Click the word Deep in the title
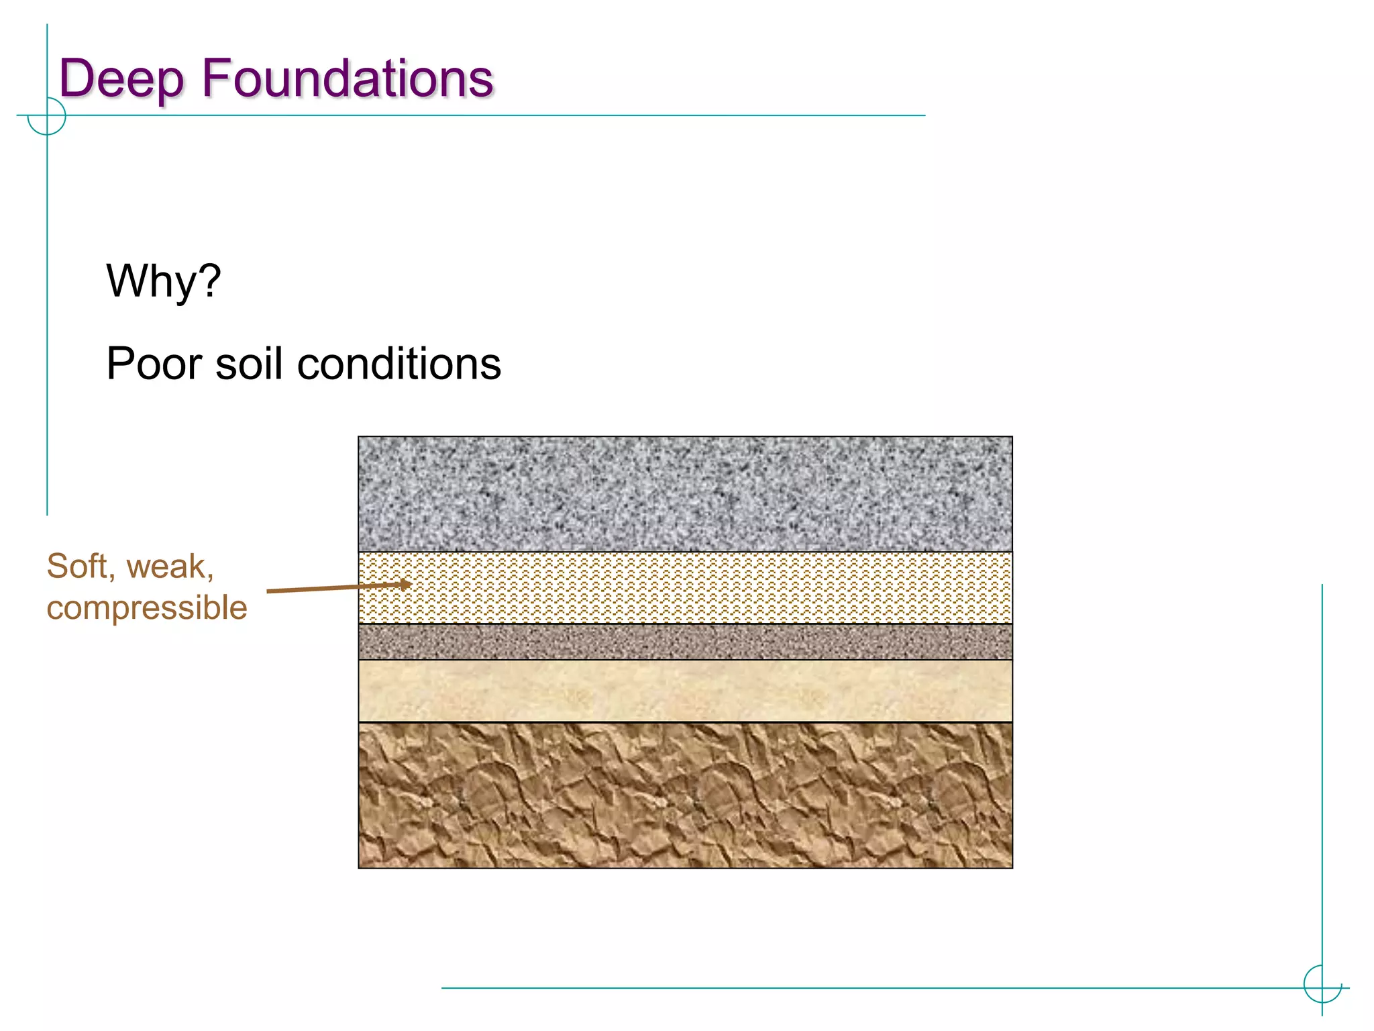coord(121,79)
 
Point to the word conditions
coord(399,364)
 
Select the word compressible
coord(147,608)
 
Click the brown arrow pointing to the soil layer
coord(335,588)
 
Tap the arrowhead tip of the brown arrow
coord(410,584)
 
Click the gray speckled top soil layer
coord(685,494)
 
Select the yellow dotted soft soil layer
coord(685,588)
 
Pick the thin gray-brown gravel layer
coord(685,642)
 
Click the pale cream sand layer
coord(685,691)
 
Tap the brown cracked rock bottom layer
coord(685,795)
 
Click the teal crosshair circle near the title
coord(47,116)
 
